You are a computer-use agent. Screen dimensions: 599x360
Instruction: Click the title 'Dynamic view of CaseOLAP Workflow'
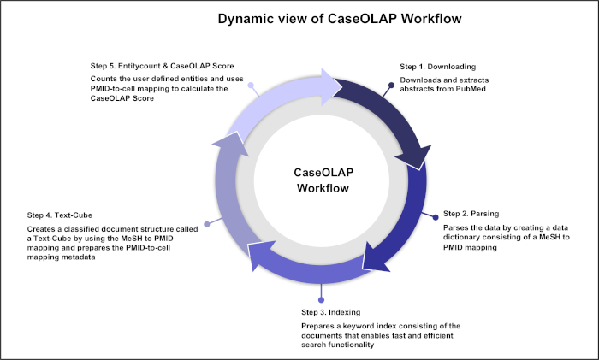pyautogui.click(x=340, y=19)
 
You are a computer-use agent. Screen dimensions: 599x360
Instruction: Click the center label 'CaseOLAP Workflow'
pyautogui.click(x=323, y=180)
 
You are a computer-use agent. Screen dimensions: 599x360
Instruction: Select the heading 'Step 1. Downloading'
pyautogui.click(x=438, y=67)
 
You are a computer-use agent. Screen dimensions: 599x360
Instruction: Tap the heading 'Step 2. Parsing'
pyautogui.click(x=471, y=214)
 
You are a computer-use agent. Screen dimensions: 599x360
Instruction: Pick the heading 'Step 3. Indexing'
pyautogui.click(x=331, y=312)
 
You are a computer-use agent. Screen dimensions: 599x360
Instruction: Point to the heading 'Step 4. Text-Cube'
pyautogui.click(x=60, y=215)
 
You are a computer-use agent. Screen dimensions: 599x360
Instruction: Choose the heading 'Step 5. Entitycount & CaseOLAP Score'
pyautogui.click(x=162, y=66)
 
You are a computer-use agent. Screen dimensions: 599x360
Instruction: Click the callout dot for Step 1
pyautogui.click(x=392, y=86)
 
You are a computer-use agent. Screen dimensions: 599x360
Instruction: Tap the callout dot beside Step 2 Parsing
pyautogui.click(x=436, y=217)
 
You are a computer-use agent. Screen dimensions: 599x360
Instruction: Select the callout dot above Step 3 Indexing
pyautogui.click(x=321, y=300)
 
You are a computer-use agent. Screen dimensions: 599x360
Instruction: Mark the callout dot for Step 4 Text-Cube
pyautogui.click(x=207, y=225)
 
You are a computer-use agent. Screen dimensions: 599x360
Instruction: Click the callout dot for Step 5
pyautogui.click(x=251, y=86)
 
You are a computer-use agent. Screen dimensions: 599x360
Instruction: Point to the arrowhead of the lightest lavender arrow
pyautogui.click(x=330, y=87)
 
